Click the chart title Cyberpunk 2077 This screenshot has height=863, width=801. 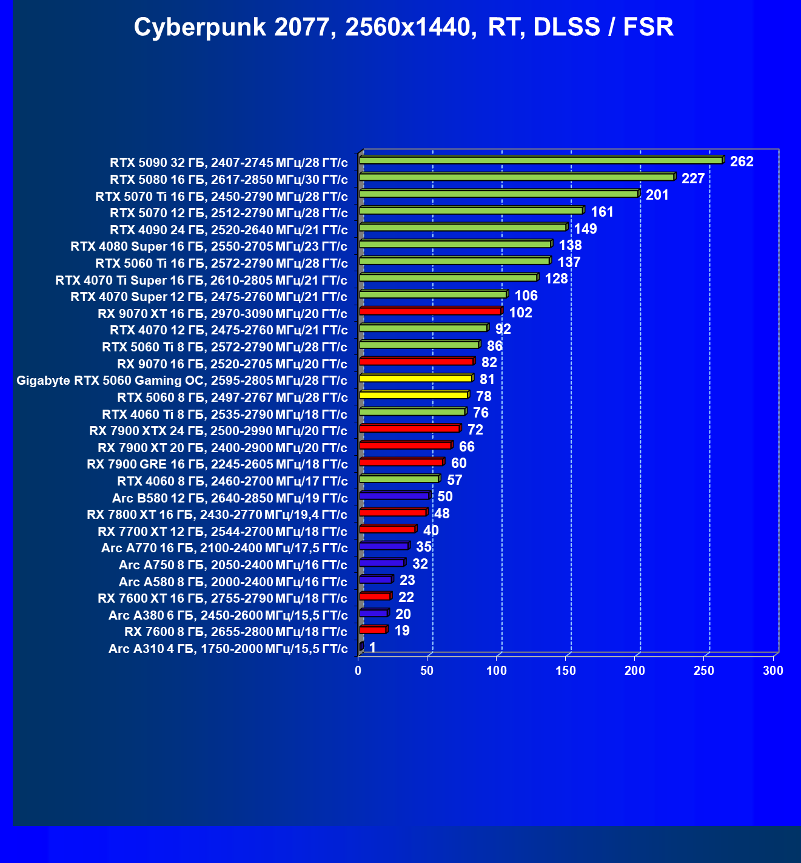(403, 27)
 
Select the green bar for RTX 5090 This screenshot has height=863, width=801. (541, 160)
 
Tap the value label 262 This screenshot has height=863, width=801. (742, 161)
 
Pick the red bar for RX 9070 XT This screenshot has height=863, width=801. (430, 311)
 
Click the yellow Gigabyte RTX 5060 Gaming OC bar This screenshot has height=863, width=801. (415, 378)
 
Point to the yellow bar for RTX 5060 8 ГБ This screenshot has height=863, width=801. (414, 395)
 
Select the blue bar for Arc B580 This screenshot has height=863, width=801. (394, 496)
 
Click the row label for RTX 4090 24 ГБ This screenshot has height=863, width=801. (229, 230)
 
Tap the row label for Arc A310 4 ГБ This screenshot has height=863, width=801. (228, 649)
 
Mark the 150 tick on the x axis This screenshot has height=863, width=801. (566, 671)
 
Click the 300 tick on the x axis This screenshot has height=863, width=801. (773, 671)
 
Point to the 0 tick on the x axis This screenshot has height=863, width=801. (358, 671)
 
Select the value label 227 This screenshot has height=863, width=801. (693, 178)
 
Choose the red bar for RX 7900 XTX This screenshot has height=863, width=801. (409, 428)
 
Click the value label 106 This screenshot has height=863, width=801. (526, 296)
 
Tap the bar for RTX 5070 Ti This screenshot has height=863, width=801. (498, 194)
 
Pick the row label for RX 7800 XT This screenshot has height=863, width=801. (217, 515)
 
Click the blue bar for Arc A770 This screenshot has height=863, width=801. (384, 546)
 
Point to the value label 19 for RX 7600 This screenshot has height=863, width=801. (402, 631)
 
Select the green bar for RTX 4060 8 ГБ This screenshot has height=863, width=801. (399, 479)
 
